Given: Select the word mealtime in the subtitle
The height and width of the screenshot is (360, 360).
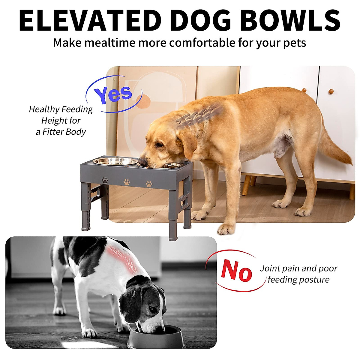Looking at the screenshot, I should point(109,43).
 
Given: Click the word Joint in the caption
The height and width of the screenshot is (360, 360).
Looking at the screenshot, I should point(270,268).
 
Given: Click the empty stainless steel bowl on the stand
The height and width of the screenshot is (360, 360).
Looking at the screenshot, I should point(115,161).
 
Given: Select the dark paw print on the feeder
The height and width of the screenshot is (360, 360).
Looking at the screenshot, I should point(105,180).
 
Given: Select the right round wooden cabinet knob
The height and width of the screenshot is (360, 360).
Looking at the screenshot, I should point(331,91).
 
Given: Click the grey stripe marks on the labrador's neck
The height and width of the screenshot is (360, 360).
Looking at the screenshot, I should point(198,115).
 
